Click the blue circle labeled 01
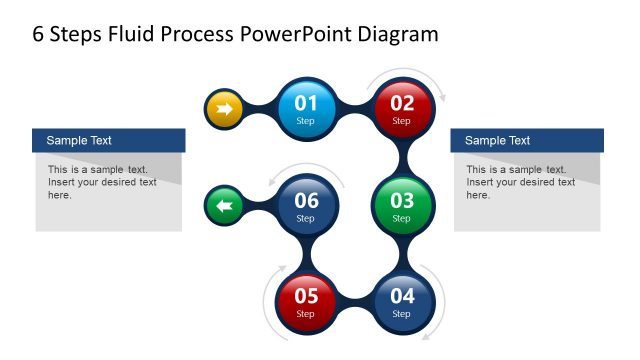point(306,108)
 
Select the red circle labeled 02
point(401,108)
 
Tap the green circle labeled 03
point(401,205)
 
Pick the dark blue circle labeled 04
point(401,301)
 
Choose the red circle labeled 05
point(306,301)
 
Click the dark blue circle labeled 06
point(306,205)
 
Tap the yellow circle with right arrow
point(223,108)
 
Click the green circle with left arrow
point(223,206)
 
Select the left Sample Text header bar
point(109,141)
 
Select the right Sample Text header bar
point(528,141)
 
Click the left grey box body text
point(102,182)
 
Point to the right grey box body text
point(520,182)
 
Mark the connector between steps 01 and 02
point(354,108)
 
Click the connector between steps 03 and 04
point(401,253)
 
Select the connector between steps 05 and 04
point(354,301)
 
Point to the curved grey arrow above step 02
point(405,73)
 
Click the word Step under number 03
point(401,218)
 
